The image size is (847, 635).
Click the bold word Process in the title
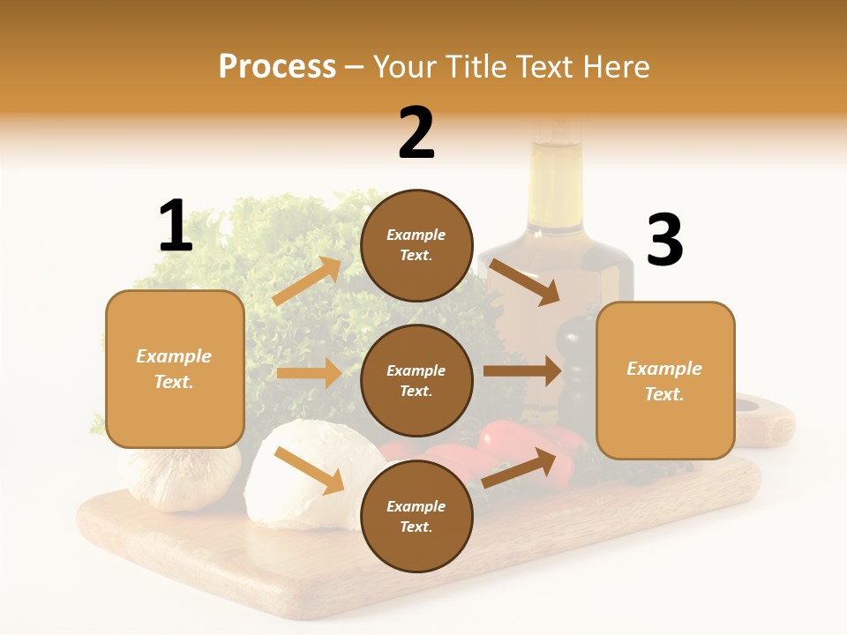277,67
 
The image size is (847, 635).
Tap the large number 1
176,226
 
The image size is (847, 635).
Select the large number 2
416,132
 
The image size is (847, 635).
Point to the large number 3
665,240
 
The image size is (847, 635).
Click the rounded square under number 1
175,369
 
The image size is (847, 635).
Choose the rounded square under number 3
665,381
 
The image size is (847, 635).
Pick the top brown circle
416,245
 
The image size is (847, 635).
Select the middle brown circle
416,381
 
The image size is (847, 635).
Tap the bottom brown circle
416,517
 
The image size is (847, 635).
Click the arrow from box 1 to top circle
307,281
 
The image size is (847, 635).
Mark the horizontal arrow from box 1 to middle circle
309,373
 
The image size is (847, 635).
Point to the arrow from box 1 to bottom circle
309,470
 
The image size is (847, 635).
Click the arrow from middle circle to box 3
522,371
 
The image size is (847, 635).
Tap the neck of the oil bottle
555,176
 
